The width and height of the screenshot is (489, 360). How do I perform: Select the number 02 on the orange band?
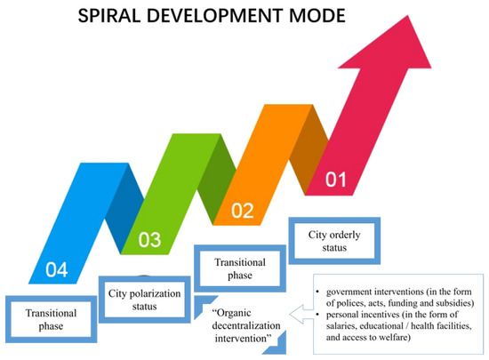click(x=243, y=211)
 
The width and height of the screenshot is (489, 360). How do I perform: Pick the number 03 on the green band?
click(x=148, y=238)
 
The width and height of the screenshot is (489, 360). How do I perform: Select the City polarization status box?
click(x=144, y=300)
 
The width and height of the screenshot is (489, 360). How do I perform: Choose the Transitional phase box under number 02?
click(x=238, y=268)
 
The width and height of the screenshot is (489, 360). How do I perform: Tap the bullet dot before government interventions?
click(x=317, y=292)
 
